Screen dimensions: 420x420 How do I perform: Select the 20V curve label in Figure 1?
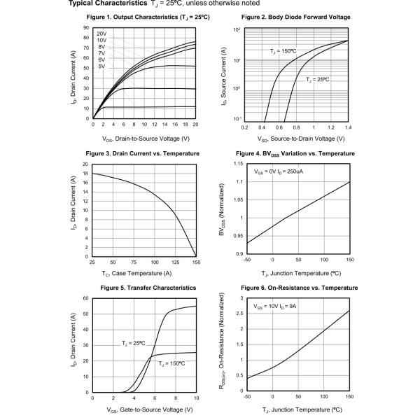coord(101,34)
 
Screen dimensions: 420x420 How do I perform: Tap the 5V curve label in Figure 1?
coord(101,66)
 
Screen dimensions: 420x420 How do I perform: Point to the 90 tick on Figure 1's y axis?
coord(85,28)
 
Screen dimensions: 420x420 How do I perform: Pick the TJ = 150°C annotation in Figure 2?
coord(283,51)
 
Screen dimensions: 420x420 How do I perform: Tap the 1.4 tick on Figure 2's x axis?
coord(348,127)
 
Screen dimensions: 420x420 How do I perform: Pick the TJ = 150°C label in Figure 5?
coord(171,364)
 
